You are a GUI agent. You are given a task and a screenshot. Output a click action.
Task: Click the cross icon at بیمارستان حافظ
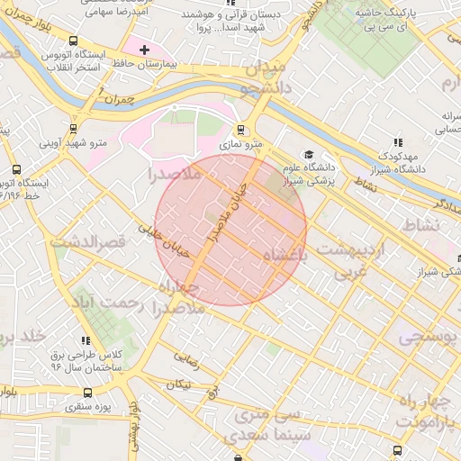[144, 49]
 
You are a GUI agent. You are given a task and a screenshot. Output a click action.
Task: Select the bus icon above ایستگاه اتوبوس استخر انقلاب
[72, 41]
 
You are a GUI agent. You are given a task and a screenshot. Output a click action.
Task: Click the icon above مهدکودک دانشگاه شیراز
[397, 142]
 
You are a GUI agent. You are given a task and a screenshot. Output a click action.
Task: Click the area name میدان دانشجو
[262, 77]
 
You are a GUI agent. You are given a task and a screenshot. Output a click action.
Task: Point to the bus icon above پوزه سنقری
[88, 393]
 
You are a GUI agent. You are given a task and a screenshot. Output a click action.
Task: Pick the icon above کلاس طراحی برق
[86, 341]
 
